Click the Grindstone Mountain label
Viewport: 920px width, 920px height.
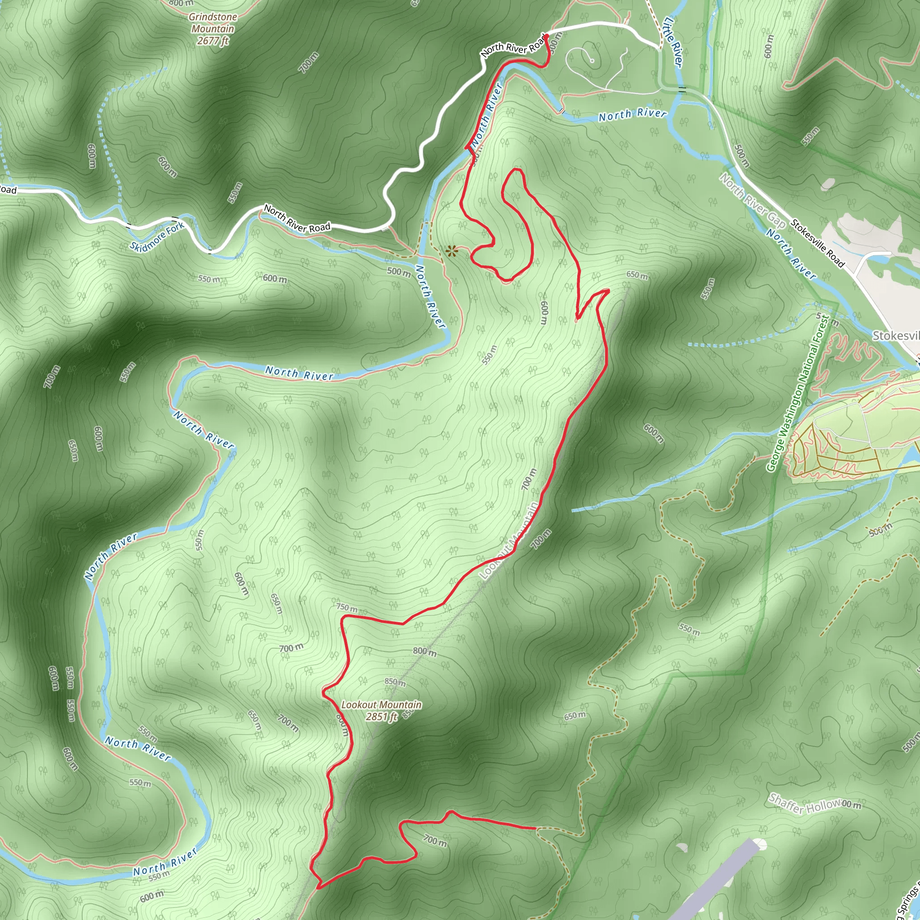tap(213, 23)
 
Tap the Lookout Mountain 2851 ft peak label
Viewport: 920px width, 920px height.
tap(381, 710)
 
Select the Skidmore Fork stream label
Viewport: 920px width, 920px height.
tap(157, 237)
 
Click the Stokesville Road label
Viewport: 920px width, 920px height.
tap(818, 243)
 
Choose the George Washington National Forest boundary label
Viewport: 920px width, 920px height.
tap(798, 393)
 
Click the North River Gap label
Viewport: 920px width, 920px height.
tap(752, 200)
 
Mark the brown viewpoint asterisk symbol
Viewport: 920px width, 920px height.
tap(451, 251)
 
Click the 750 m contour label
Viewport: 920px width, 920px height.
tap(347, 608)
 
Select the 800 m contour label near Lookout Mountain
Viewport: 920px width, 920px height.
tap(424, 651)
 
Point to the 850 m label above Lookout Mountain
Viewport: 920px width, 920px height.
tap(395, 682)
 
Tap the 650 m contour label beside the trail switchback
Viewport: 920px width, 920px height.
tap(637, 275)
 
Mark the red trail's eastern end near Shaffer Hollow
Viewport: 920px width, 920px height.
tap(536, 828)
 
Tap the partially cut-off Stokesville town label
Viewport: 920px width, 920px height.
tap(895, 336)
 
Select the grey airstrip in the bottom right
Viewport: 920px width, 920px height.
tap(714, 881)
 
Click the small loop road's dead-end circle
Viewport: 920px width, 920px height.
tap(592, 61)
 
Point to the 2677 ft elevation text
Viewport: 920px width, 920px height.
tap(213, 41)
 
